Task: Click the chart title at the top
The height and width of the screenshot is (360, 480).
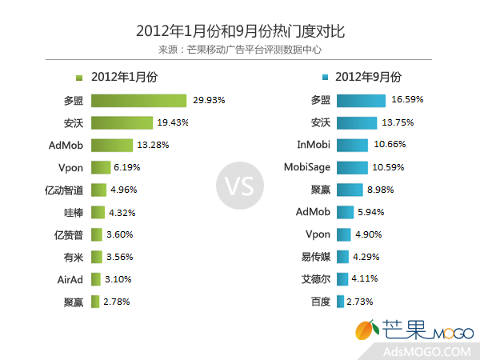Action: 240,32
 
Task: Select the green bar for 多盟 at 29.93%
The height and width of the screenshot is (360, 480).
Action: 139,101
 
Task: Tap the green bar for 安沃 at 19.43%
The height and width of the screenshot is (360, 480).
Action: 122,123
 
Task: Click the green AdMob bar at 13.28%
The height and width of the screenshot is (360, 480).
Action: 111,145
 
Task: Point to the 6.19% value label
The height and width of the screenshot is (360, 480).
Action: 127,167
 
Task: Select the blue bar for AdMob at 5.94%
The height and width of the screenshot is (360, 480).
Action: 345,212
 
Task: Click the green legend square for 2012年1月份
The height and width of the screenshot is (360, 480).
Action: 79,78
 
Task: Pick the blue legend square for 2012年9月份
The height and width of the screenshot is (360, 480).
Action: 325,78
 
